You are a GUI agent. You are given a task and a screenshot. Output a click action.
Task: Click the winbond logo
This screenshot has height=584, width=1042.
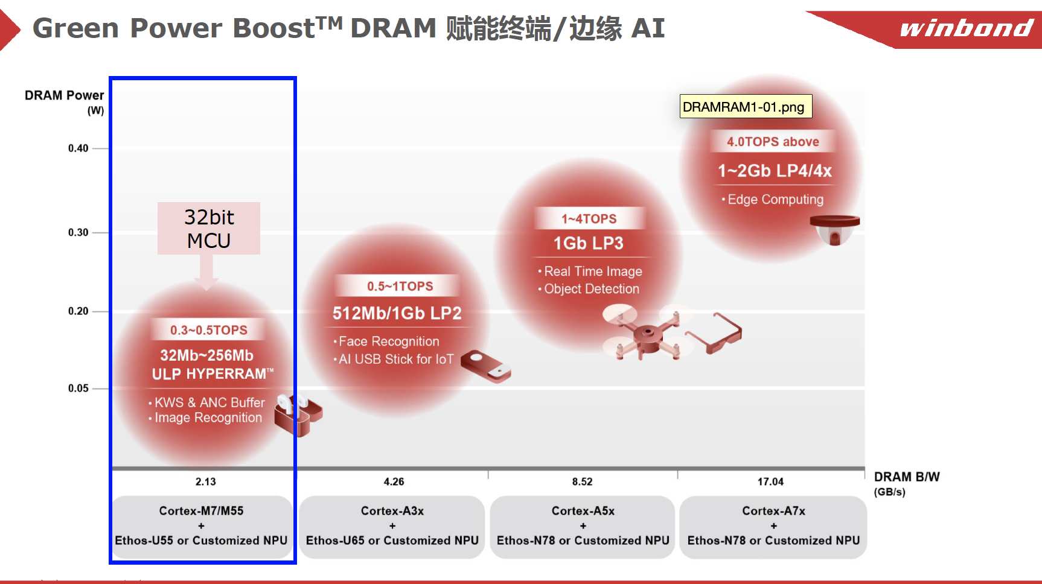point(966,28)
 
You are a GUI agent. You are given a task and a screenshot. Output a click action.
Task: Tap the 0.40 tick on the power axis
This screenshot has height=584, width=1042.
point(78,148)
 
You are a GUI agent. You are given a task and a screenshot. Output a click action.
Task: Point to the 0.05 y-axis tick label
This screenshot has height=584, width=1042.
point(78,389)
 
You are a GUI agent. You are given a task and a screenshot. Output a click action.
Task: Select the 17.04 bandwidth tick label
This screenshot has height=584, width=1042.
point(770,481)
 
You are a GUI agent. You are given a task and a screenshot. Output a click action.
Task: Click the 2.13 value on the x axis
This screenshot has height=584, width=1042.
point(205,481)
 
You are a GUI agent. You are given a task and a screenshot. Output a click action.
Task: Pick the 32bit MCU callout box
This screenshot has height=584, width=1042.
point(209,229)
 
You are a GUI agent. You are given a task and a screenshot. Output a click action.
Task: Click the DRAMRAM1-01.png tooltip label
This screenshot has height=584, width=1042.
point(746,107)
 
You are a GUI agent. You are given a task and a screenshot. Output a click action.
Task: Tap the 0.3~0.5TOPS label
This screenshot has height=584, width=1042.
point(209,330)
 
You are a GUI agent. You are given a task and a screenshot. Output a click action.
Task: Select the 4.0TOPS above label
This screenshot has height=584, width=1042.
point(773,142)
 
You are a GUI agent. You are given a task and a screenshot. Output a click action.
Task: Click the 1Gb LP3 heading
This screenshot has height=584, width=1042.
point(589,243)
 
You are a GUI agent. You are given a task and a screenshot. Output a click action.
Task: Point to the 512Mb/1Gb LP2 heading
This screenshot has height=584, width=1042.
point(397,313)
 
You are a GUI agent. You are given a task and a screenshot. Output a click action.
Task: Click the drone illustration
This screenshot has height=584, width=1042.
point(646,334)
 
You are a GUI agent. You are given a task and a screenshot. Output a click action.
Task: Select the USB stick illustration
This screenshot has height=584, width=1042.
point(487,366)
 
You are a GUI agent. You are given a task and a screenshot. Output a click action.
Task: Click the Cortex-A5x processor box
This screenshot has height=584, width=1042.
point(583,526)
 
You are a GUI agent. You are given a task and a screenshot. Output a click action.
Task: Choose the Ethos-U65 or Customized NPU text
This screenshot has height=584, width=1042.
point(392,541)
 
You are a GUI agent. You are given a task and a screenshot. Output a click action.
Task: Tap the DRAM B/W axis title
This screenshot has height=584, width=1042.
point(907,477)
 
